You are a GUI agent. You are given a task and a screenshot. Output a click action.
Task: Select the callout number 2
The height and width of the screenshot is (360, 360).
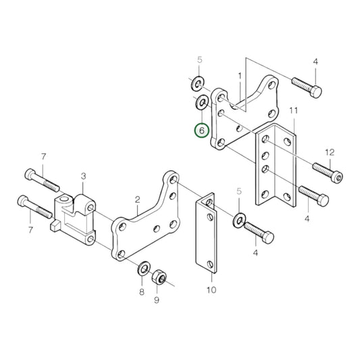pos(137,199)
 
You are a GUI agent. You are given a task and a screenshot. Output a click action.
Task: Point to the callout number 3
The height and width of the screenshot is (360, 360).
pos(83,176)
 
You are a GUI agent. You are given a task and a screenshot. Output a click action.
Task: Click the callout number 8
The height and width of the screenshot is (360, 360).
pos(141,292)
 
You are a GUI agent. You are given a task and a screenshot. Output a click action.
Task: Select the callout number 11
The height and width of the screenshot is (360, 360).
pos(293,110)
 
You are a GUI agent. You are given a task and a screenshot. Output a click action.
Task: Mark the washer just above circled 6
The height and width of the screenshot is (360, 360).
pos(201,103)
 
